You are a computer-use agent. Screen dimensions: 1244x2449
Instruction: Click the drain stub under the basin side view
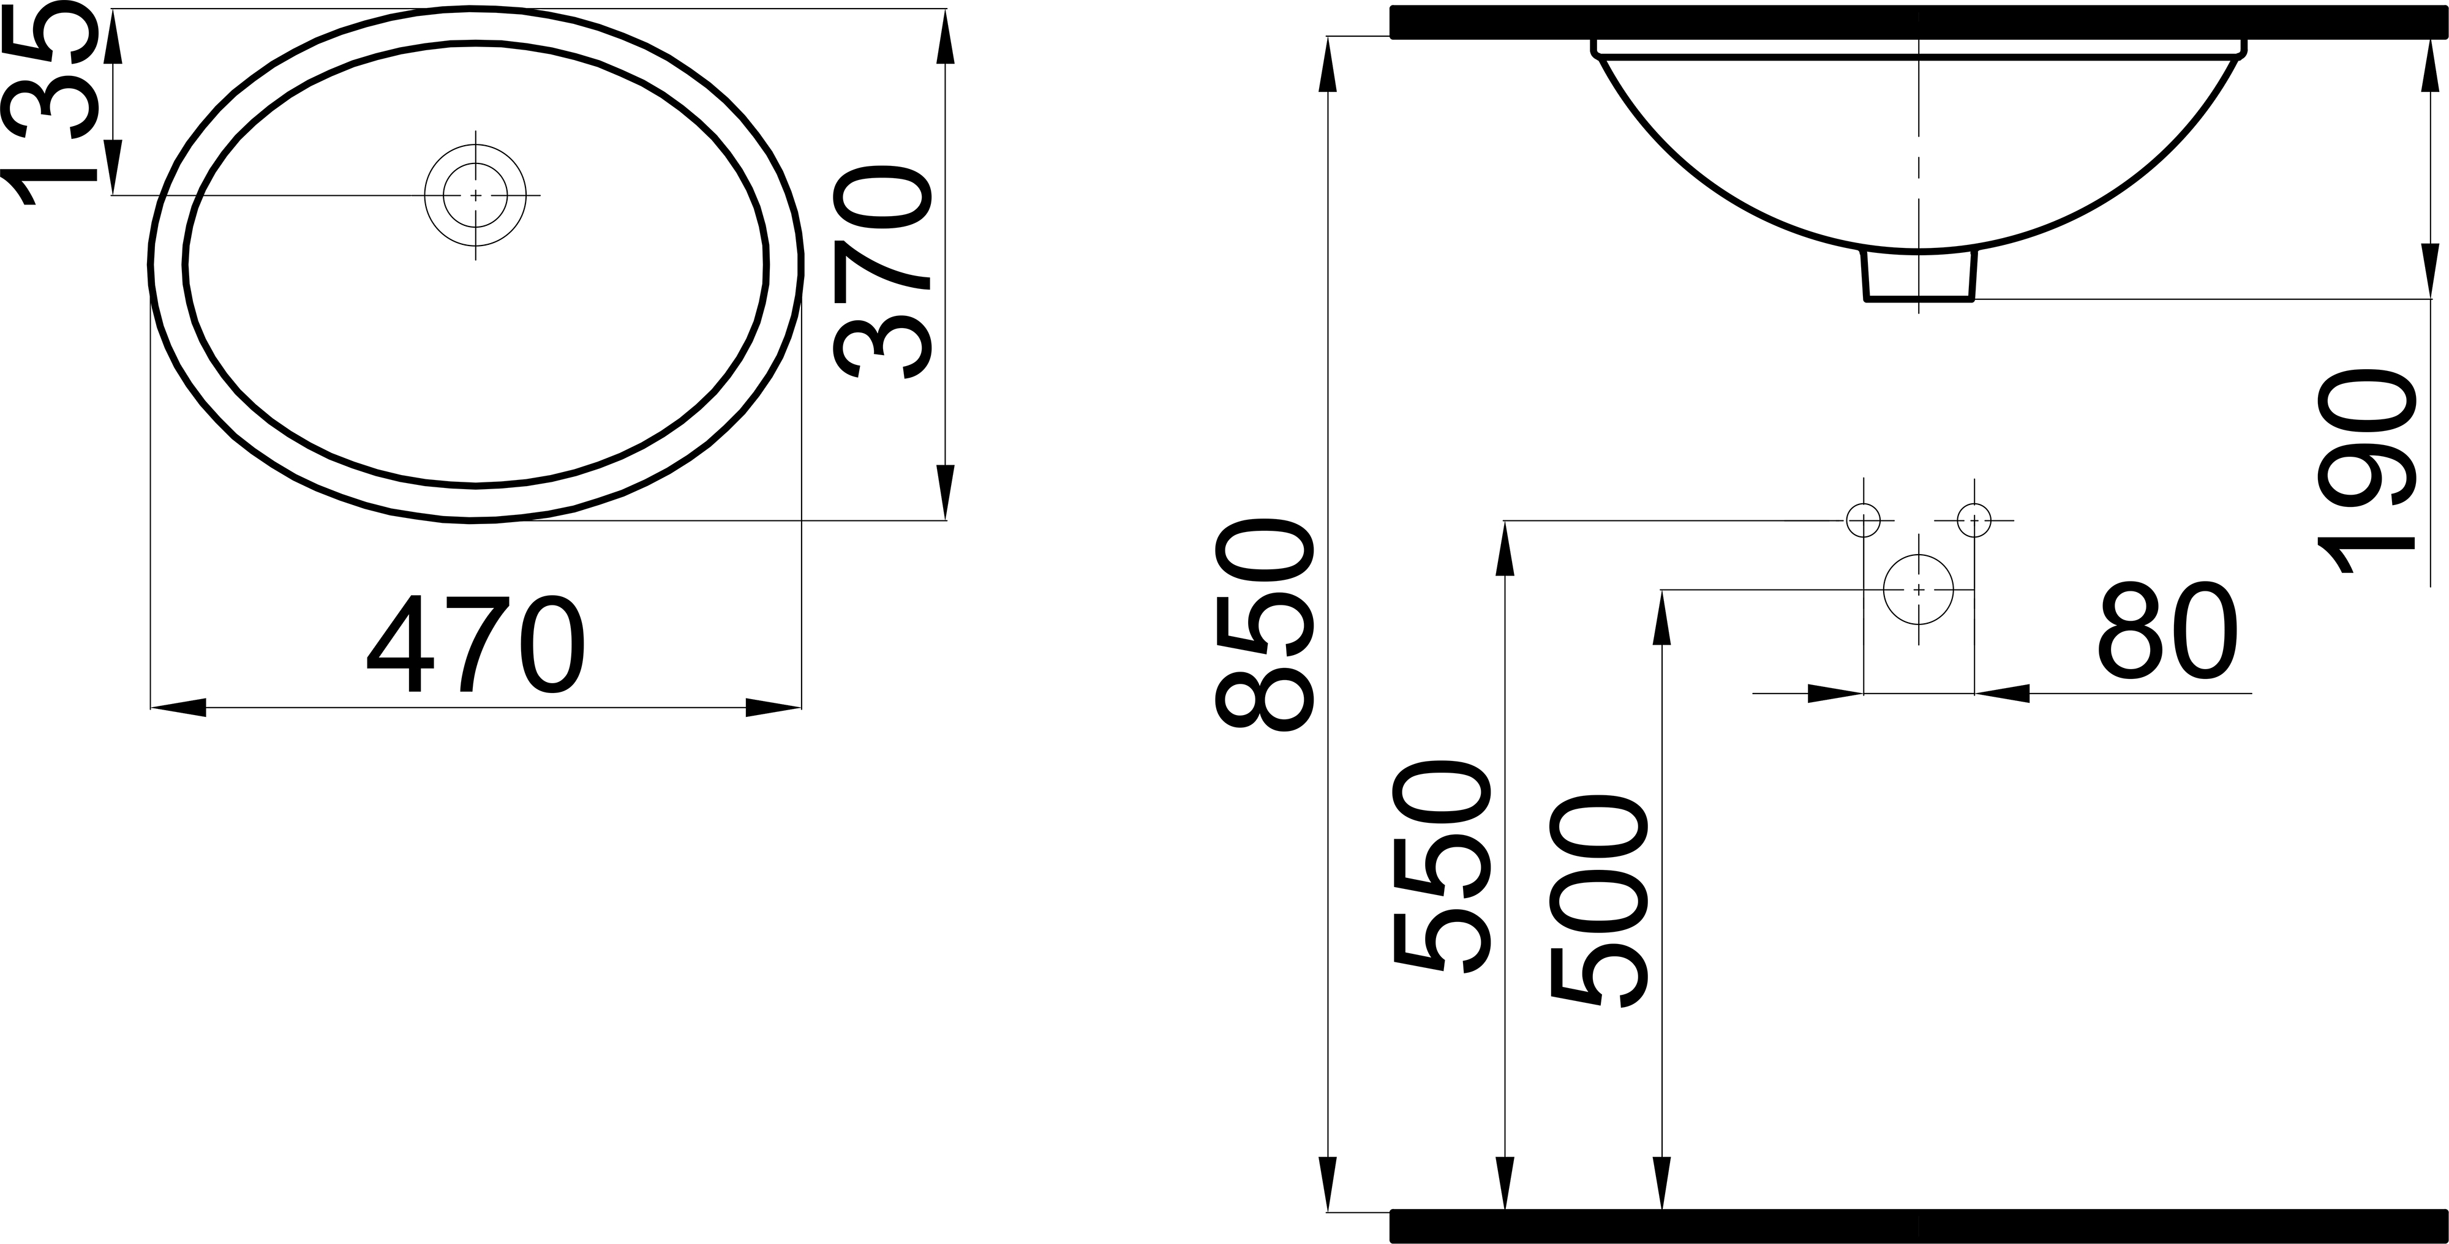[1919, 277]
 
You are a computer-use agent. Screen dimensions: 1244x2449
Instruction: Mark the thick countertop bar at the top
[1919, 22]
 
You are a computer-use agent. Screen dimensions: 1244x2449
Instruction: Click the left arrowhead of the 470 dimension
[179, 707]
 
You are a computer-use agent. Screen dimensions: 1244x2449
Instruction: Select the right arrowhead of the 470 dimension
[773, 707]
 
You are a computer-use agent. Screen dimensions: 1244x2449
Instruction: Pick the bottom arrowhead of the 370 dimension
[945, 492]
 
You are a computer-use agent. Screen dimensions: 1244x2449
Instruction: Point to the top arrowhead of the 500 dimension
[1662, 618]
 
